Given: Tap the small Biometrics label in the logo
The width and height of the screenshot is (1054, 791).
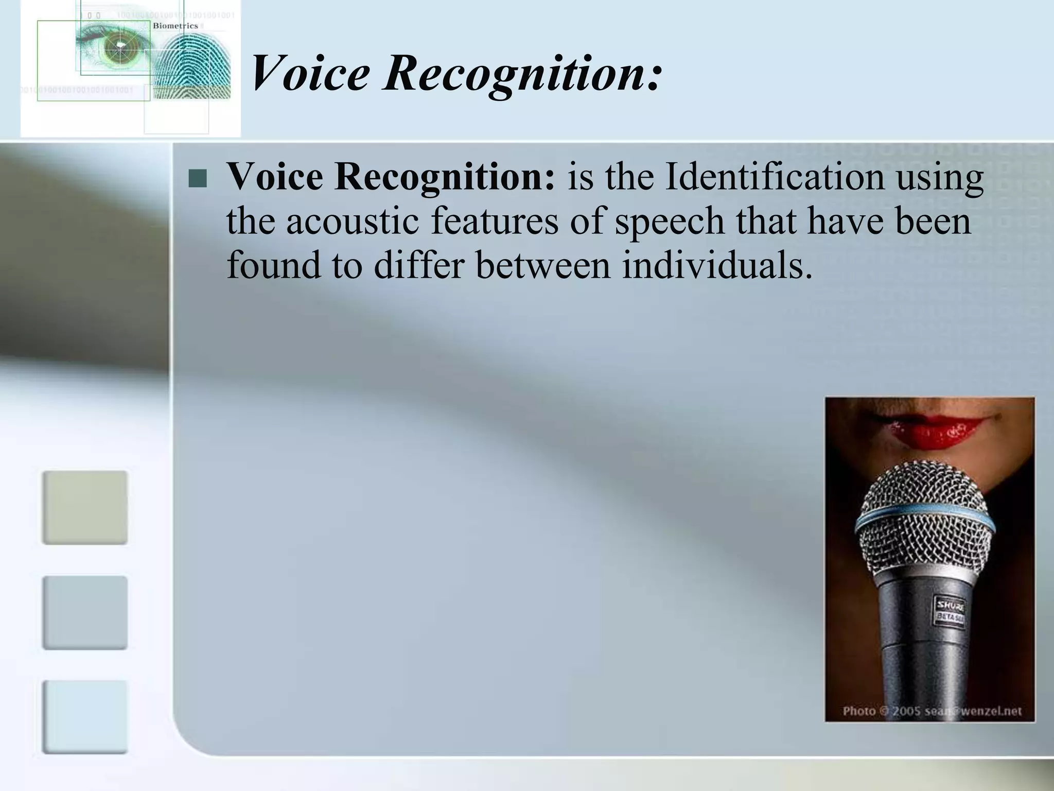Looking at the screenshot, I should pos(175,26).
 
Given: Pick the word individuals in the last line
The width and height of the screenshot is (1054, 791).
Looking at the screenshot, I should pos(717,265).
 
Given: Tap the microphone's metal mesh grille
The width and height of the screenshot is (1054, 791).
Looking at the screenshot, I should pos(926,494).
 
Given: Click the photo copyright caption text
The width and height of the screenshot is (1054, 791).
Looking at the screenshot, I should pos(932,711).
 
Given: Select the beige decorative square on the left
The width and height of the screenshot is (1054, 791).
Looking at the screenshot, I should pos(84,507).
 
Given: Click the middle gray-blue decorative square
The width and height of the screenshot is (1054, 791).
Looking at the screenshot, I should pos(84,612).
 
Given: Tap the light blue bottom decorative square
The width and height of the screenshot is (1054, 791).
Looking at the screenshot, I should pos(84,717).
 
